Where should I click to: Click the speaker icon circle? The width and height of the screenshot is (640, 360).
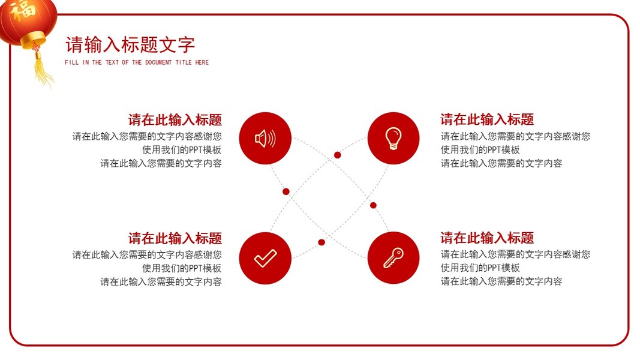point(265,139)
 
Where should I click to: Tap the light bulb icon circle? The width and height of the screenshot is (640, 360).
point(393,139)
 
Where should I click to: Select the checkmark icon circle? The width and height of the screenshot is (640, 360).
point(265,258)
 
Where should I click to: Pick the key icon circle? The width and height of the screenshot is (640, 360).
point(393,258)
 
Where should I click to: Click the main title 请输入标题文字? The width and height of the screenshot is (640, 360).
point(130,44)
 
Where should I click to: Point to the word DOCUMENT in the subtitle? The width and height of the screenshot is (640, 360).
point(158,62)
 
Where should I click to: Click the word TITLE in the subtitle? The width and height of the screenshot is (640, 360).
point(184,62)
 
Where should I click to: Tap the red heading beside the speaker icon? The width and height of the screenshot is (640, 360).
point(175,120)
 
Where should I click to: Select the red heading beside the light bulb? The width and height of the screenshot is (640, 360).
point(487,119)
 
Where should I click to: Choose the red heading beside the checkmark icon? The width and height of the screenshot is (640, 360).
point(175,238)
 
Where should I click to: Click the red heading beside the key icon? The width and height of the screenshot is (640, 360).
point(487,238)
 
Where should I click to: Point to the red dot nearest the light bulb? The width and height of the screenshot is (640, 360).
point(337,155)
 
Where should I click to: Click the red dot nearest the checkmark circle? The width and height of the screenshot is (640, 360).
point(321,242)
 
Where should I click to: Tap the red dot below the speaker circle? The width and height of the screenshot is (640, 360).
point(286,191)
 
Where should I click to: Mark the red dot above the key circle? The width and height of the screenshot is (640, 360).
point(373,205)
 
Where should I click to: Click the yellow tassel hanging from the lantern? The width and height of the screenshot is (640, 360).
point(43,70)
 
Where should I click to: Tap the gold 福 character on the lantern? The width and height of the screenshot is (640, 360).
point(23,9)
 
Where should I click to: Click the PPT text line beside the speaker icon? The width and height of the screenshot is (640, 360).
point(182,150)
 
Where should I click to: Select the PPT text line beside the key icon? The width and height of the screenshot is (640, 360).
point(480,268)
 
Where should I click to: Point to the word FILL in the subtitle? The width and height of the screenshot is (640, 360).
point(71,62)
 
